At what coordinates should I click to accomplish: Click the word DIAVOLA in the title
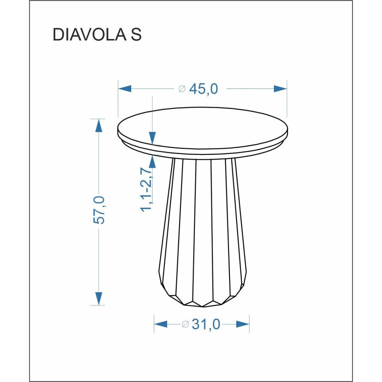click(x=89, y=34)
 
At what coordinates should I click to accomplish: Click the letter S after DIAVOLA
click(x=136, y=34)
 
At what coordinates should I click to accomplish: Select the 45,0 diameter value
click(x=203, y=89)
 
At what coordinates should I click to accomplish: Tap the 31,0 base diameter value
click(x=206, y=324)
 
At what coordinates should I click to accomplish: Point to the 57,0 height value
click(x=99, y=210)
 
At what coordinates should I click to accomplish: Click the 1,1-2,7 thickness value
click(x=146, y=190)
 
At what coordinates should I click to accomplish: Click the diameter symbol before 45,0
click(x=182, y=89)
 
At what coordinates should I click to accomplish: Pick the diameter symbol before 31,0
click(x=185, y=324)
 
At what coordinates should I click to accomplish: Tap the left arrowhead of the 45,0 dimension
click(x=125, y=89)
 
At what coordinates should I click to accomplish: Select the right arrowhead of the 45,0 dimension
click(x=280, y=89)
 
